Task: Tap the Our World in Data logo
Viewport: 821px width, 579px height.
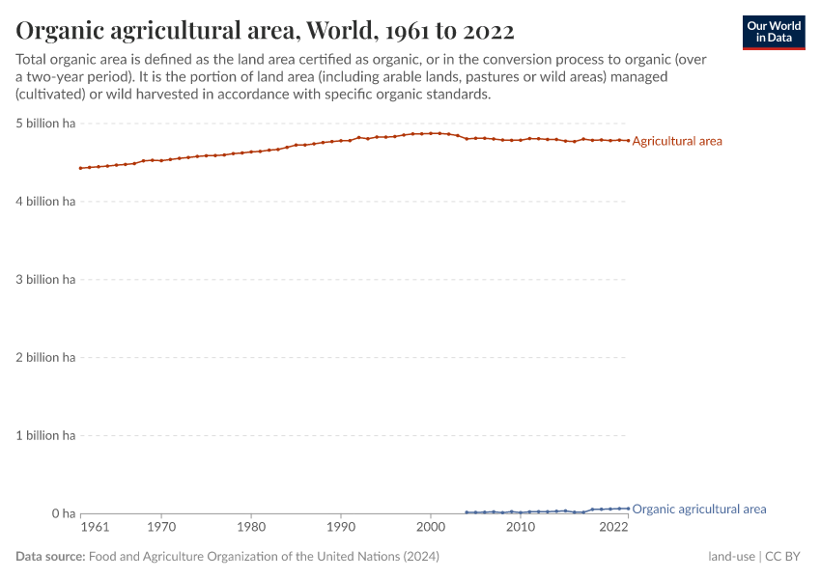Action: tap(774, 32)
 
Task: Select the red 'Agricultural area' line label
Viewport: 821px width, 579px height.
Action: tap(677, 141)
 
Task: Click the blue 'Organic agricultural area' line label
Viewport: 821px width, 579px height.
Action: tap(699, 509)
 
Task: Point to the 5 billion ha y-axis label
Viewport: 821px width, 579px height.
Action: tap(44, 124)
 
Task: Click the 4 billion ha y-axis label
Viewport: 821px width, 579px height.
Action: tap(44, 202)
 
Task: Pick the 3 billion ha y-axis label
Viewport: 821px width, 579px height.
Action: tap(44, 280)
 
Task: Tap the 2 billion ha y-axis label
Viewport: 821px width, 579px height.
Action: tap(44, 358)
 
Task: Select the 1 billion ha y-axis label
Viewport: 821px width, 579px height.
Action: tap(44, 435)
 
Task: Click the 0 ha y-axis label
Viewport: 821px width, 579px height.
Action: tap(63, 513)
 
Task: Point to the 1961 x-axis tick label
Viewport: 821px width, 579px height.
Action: tap(94, 528)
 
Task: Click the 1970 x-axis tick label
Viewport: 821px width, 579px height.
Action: tap(161, 528)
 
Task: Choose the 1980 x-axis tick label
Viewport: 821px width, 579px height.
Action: tap(251, 528)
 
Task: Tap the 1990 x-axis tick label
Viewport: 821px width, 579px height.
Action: tap(341, 528)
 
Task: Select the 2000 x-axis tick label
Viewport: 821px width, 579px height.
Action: tap(431, 528)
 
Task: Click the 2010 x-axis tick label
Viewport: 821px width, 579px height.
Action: tap(521, 528)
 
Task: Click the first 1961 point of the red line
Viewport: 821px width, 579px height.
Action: tap(81, 168)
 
